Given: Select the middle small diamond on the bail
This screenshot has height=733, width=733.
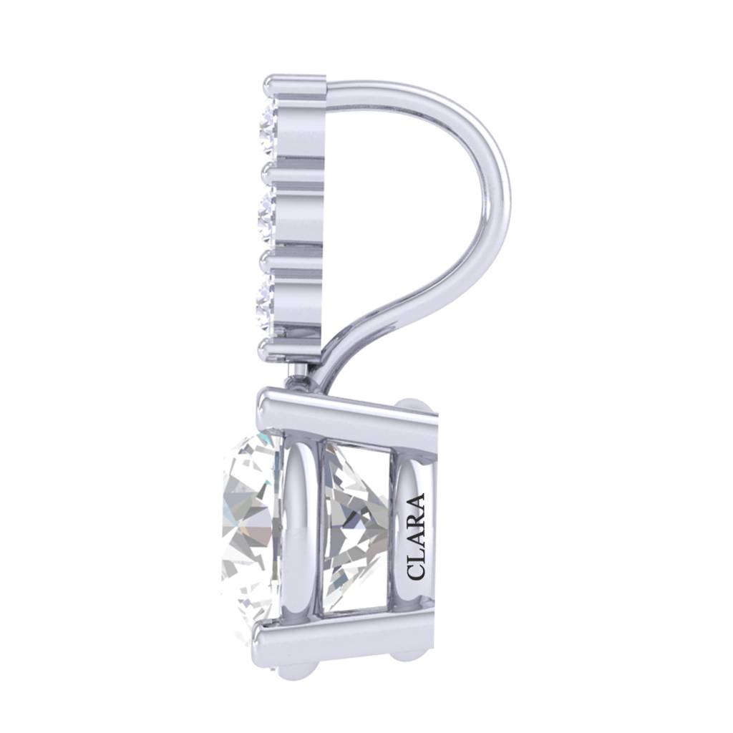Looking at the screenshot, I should tap(267, 213).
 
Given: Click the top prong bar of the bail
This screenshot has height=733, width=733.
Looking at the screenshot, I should tap(293, 87).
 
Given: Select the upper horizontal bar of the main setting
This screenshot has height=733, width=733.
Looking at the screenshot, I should tap(344, 416).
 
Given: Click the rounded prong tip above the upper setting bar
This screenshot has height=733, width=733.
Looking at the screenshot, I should tap(415, 405).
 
